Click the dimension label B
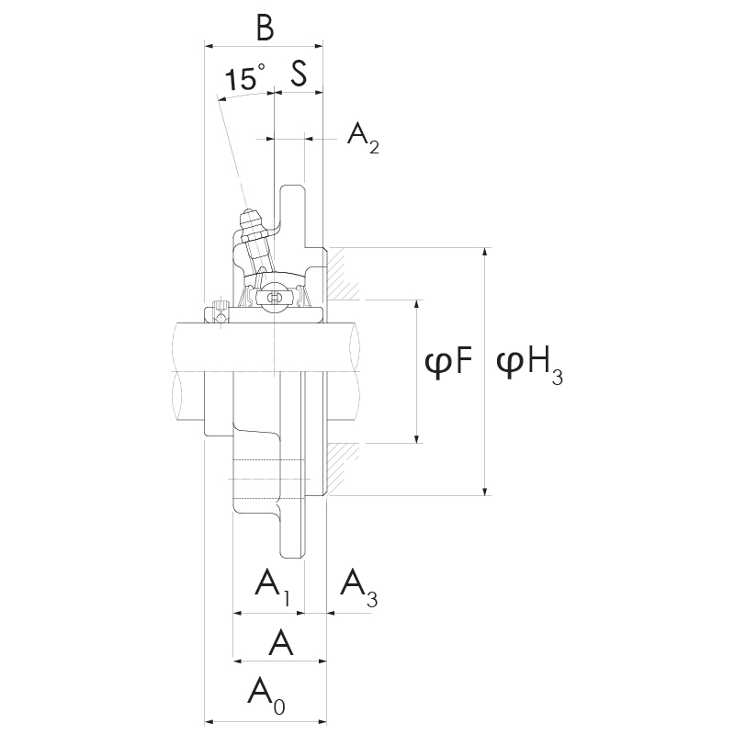265,28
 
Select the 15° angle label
244,78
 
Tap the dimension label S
299,73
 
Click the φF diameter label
448,364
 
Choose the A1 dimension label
271,585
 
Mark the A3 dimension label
357,585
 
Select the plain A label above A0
280,642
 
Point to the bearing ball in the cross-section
273,296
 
